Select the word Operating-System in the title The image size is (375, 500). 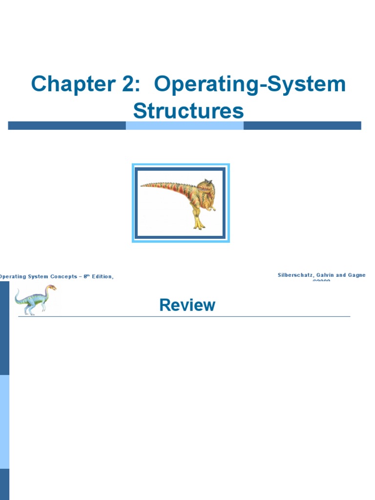click(250, 85)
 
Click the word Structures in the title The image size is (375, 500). click(188, 111)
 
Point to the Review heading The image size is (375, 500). click(187, 306)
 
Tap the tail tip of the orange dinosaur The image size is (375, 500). click(143, 185)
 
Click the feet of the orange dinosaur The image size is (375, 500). click(199, 225)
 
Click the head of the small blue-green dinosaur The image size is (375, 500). click(51, 288)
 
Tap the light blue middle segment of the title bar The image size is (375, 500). click(185, 125)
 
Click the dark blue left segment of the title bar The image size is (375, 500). click(67, 125)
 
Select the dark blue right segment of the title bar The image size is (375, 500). click(302, 125)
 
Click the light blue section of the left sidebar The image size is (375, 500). click(4, 421)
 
